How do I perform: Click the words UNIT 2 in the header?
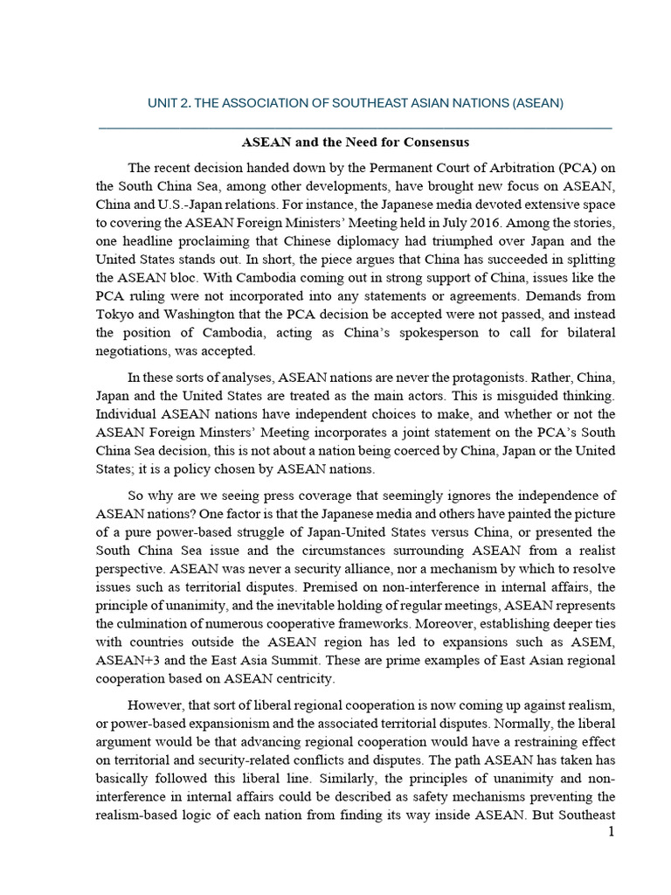click(x=169, y=103)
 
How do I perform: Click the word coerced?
click(x=417, y=450)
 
